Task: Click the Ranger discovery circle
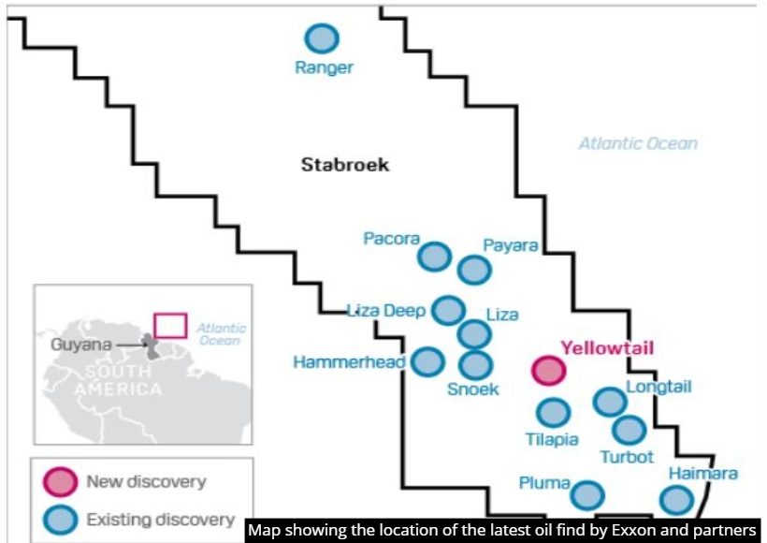322,38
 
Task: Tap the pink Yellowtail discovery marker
549,370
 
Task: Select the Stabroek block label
345,165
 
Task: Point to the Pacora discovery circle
434,257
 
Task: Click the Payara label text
510,245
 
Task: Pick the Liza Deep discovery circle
449,311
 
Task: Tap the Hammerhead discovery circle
428,361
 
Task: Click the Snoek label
473,389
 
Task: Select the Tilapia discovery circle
553,412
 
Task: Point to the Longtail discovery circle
610,402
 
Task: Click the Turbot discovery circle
630,430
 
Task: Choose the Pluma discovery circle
587,495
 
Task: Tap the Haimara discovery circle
676,500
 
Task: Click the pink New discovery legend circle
60,481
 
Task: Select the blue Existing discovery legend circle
60,519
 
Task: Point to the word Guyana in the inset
81,345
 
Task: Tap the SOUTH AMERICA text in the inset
118,380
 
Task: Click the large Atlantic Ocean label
638,143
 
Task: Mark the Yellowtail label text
607,348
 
